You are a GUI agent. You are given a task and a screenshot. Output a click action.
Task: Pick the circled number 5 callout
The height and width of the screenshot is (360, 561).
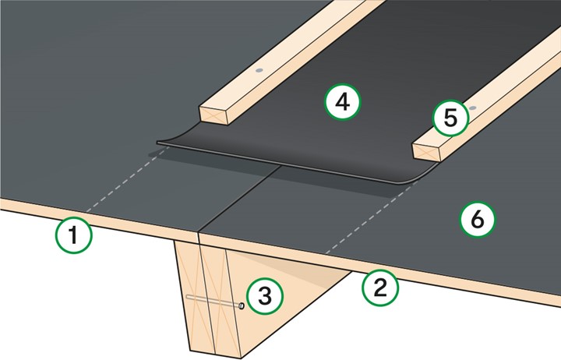[450, 118]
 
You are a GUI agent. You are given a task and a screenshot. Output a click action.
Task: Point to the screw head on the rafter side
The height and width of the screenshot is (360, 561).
[242, 306]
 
